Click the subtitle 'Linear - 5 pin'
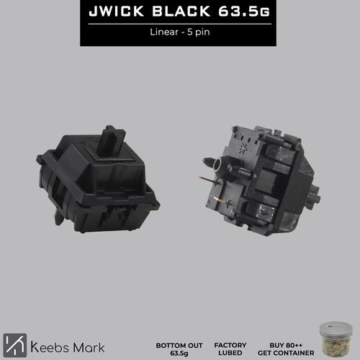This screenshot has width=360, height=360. pos(179,32)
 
